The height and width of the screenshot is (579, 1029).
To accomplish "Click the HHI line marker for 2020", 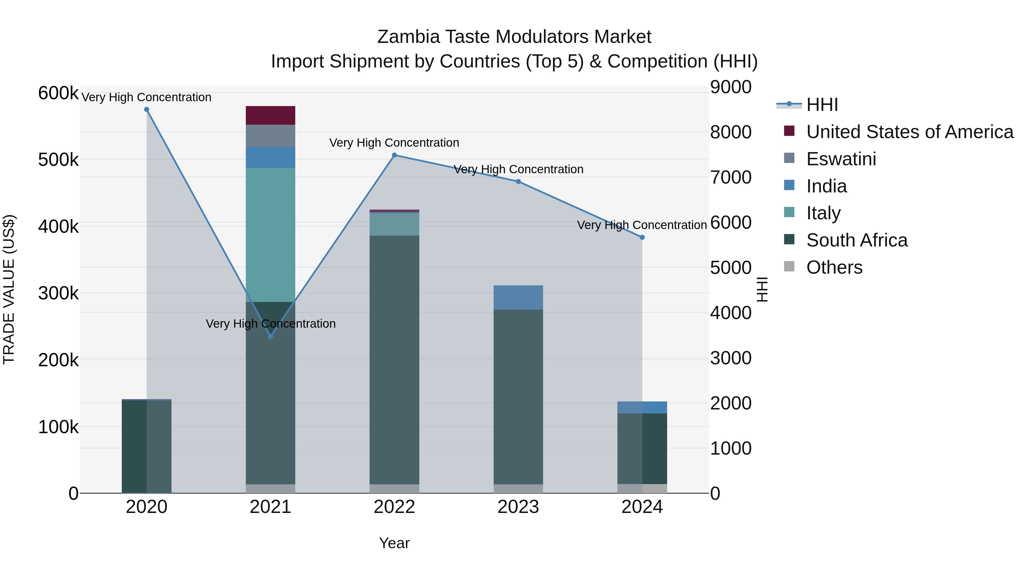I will tap(147, 110).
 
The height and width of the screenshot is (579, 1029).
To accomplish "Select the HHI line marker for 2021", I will tap(270, 337).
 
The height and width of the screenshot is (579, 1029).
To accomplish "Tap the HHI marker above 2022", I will tap(394, 155).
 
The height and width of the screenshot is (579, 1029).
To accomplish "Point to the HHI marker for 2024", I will tap(642, 237).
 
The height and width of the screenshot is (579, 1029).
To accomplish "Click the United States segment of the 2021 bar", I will tap(270, 116).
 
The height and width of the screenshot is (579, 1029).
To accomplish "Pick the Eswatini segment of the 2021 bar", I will tap(270, 136).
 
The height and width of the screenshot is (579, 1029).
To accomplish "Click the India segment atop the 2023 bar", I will tap(518, 297).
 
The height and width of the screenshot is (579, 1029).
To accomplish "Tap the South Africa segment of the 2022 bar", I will tap(394, 360).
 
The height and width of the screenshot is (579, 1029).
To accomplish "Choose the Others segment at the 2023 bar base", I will tap(518, 489).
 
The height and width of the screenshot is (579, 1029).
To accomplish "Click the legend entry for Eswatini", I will tap(841, 159).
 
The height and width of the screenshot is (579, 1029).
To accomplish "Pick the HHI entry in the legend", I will tap(822, 105).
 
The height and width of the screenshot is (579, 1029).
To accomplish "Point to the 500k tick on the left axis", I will tap(58, 160).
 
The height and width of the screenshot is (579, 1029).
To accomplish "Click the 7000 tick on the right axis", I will tap(730, 177).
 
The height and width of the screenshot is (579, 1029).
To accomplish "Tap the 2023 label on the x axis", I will tap(518, 507).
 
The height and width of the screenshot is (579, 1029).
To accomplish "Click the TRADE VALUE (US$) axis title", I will tap(9, 289).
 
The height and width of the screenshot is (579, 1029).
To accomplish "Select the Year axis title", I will tap(394, 543).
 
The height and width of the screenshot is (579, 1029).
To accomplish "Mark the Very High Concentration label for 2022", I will tap(394, 143).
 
